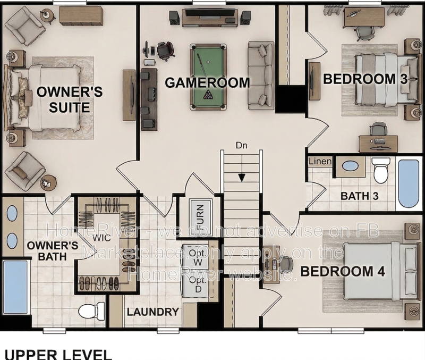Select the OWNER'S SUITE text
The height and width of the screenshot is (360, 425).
pos(69,99)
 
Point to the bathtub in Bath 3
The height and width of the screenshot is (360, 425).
pos(409,183)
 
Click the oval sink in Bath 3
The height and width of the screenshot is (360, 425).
pos(350,165)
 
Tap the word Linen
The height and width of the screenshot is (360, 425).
pos(320,161)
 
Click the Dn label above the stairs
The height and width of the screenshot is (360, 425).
pos(242,145)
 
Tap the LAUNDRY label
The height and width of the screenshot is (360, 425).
pos(152,312)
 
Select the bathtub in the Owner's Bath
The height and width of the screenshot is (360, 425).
pos(15,287)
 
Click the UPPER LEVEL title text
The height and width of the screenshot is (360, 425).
pos(58,354)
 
